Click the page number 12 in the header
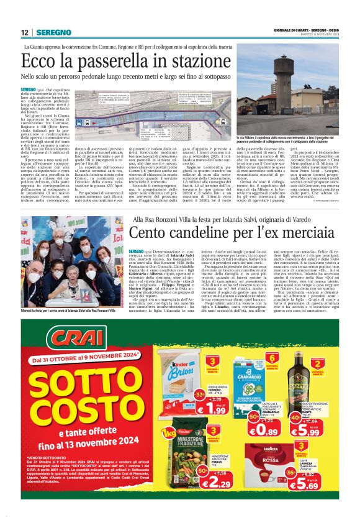[24, 32]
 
